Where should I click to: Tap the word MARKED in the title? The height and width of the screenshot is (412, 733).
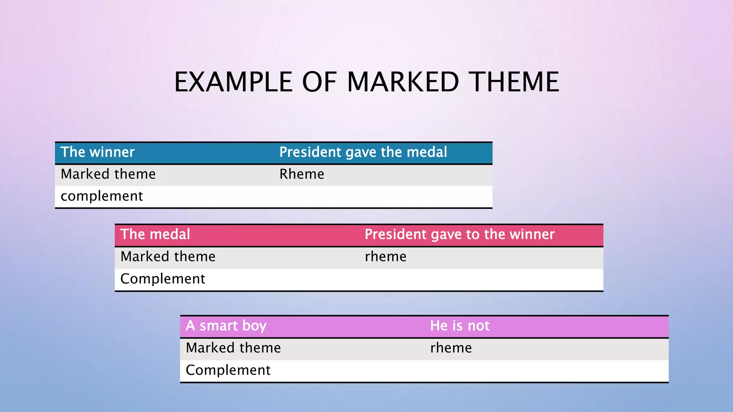[403, 82]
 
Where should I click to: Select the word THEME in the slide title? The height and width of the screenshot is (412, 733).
[515, 82]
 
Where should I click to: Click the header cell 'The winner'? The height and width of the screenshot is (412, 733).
[97, 152]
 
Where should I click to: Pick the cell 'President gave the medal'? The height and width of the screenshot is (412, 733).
[363, 152]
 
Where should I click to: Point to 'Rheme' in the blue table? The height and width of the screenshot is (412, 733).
[302, 174]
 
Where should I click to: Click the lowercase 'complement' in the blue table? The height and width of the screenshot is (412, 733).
[102, 196]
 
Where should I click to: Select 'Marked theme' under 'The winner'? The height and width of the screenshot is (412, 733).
[108, 174]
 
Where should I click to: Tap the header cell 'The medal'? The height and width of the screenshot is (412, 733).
[155, 235]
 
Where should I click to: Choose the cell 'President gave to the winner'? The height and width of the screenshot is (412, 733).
[460, 235]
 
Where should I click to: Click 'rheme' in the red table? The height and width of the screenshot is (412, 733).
[385, 257]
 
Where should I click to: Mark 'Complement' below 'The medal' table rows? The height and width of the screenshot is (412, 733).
[162, 279]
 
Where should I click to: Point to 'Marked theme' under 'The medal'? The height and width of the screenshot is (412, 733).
[168, 257]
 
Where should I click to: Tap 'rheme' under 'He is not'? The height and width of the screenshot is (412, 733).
[451, 348]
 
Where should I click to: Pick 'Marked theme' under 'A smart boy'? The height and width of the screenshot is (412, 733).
[233, 348]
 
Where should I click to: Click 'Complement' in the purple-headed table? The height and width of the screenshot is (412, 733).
[228, 370]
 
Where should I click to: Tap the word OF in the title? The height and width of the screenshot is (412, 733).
[319, 82]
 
